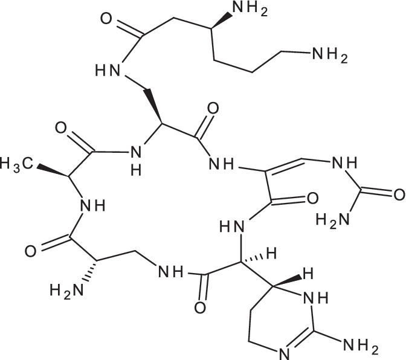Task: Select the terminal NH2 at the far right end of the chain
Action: pos(329,56)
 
